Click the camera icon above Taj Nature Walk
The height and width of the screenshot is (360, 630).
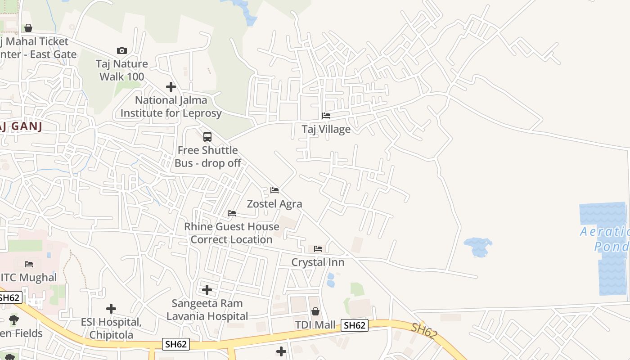(x=121, y=50)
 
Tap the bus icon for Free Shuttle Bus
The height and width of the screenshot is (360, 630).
(x=207, y=137)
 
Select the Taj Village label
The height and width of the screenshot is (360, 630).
(x=326, y=129)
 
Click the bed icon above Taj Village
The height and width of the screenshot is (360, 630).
(x=326, y=116)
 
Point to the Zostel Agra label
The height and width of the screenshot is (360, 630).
(x=274, y=204)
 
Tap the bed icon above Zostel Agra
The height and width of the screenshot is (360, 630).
(x=274, y=190)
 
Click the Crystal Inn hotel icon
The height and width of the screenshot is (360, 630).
(x=318, y=249)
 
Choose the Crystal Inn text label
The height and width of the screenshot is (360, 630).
(x=318, y=262)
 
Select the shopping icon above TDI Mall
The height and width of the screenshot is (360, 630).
(x=315, y=311)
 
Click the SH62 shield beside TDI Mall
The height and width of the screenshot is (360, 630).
(x=354, y=325)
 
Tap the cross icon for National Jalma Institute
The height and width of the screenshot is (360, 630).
(x=171, y=86)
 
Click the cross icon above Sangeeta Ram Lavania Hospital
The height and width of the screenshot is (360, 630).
(x=207, y=290)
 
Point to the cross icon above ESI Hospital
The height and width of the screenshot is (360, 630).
(x=111, y=309)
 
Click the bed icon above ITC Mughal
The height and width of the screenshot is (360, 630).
(x=29, y=264)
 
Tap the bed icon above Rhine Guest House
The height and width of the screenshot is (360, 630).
(x=232, y=213)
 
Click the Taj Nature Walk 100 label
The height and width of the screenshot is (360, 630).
(x=121, y=70)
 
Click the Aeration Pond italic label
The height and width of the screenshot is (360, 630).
(x=605, y=239)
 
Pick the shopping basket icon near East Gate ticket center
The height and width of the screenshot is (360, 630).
(x=28, y=28)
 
